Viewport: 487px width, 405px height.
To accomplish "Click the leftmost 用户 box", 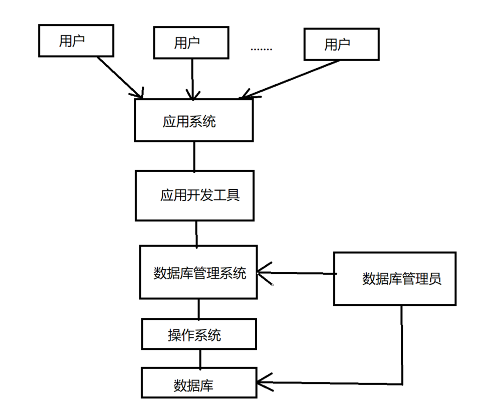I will [x=76, y=41].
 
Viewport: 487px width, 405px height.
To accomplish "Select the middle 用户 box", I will [x=191, y=43].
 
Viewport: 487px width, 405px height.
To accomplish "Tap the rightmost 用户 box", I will [x=341, y=45].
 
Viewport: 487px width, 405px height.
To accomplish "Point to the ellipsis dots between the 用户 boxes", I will [x=261, y=49].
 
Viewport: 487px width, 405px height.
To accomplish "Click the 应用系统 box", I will [x=193, y=121].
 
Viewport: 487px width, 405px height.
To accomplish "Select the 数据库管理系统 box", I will [x=198, y=272].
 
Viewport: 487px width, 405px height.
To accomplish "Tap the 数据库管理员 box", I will [x=395, y=278].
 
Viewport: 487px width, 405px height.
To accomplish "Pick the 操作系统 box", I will [x=199, y=334].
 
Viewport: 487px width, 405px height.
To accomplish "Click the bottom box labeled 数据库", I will [x=199, y=383].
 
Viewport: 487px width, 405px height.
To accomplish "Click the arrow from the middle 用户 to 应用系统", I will [x=192, y=78].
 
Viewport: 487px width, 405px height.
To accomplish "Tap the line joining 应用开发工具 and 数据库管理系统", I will [x=196, y=233].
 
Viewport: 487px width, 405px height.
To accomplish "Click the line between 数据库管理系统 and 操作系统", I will [x=199, y=309].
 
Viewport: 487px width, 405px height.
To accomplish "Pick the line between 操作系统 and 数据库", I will [x=200, y=358].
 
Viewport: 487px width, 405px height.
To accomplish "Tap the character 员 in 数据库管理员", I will [x=435, y=279].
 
